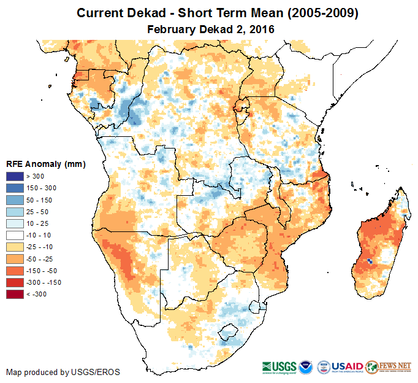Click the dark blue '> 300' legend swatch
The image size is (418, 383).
[x=15, y=177]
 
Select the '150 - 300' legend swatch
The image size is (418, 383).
[x=15, y=188]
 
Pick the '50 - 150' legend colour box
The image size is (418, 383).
[x=15, y=200]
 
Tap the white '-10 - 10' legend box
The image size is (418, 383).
[x=15, y=235]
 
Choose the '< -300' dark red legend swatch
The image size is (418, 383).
[x=15, y=295]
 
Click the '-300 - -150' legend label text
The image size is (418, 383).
[x=47, y=283]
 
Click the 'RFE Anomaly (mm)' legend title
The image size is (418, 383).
[x=45, y=164]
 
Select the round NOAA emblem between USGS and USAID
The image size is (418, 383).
[x=324, y=366]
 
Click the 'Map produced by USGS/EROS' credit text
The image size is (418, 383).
[x=63, y=372]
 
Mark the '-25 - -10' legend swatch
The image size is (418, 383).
[x=15, y=247]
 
